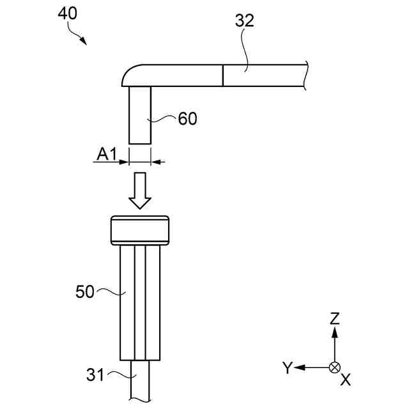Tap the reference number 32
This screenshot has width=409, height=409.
click(x=244, y=20)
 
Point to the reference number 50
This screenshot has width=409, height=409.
click(x=85, y=292)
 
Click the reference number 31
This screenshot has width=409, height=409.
click(x=95, y=375)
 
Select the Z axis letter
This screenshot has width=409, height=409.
click(x=334, y=318)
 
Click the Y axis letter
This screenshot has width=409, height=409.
click(x=288, y=367)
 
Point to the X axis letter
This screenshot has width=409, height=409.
click(x=346, y=380)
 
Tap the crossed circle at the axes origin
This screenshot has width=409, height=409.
click(x=334, y=367)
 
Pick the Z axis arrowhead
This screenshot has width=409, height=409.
click(x=334, y=333)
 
